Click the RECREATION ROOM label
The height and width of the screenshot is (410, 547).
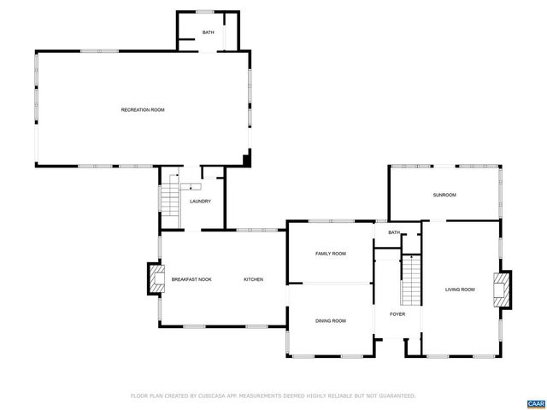pyautogui.click(x=142, y=110)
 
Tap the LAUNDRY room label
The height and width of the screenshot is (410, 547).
pyautogui.click(x=200, y=202)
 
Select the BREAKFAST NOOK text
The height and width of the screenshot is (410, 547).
pyautogui.click(x=191, y=279)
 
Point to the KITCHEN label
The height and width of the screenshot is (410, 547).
pyautogui.click(x=253, y=279)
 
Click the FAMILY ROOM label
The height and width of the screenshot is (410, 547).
pyautogui.click(x=330, y=254)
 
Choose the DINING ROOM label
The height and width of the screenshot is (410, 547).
pyautogui.click(x=330, y=320)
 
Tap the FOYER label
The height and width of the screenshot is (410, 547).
pyautogui.click(x=397, y=313)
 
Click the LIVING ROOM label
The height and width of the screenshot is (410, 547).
pyautogui.click(x=459, y=290)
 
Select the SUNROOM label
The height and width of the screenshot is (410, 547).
pyautogui.click(x=444, y=196)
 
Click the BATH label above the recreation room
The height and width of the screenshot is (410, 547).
pyautogui.click(x=208, y=33)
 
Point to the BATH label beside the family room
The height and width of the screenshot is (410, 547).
pyautogui.click(x=393, y=232)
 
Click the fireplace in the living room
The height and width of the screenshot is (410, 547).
pyautogui.click(x=503, y=289)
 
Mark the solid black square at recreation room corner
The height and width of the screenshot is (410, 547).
pyautogui.click(x=247, y=160)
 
